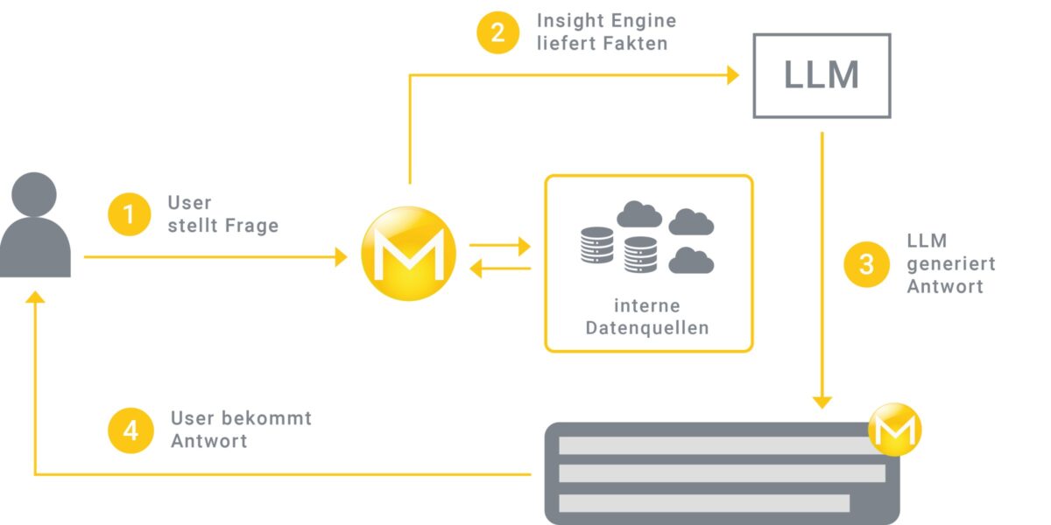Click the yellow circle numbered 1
tap(130, 214)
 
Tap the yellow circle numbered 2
tap(498, 33)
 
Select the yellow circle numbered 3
tap(866, 264)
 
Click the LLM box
tap(822, 75)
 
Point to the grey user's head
tap(35, 193)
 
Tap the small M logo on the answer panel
tap(894, 429)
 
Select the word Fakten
tap(641, 43)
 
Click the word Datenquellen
tap(647, 328)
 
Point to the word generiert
tap(951, 263)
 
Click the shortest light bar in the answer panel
tap(704, 503)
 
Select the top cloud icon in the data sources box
tap(639, 213)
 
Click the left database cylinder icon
tap(596, 245)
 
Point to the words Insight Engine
tap(606, 20)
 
